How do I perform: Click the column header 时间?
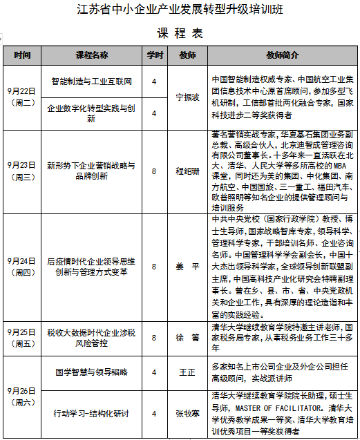pos(22,55)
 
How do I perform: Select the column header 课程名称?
pos(91,55)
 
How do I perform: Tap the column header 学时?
pos(154,55)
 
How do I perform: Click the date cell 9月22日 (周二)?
pos(22,97)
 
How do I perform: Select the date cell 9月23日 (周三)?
pos(22,171)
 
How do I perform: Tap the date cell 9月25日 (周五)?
pos(22,338)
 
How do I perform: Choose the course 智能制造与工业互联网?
pos(91,81)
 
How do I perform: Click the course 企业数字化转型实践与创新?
pos(91,113)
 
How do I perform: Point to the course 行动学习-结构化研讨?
pos(91,414)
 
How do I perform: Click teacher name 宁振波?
pos(187,97)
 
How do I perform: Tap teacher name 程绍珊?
pos(187,171)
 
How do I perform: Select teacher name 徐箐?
pos(187,338)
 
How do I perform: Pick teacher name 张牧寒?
pos(187,414)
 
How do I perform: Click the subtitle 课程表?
pos(180,32)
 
